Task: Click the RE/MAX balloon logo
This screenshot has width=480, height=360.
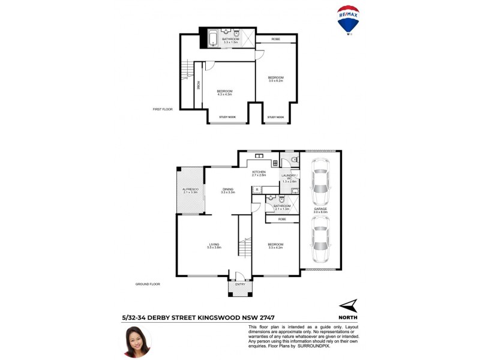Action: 349,21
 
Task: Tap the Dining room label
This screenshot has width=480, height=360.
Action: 227,190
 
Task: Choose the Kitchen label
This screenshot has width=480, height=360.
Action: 259,173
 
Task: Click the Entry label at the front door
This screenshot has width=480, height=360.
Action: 240,284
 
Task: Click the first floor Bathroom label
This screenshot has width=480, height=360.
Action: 230,40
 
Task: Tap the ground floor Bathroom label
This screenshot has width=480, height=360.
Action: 282,207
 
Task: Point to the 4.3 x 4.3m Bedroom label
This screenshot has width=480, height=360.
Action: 224,92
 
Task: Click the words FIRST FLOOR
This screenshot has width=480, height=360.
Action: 163,109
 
